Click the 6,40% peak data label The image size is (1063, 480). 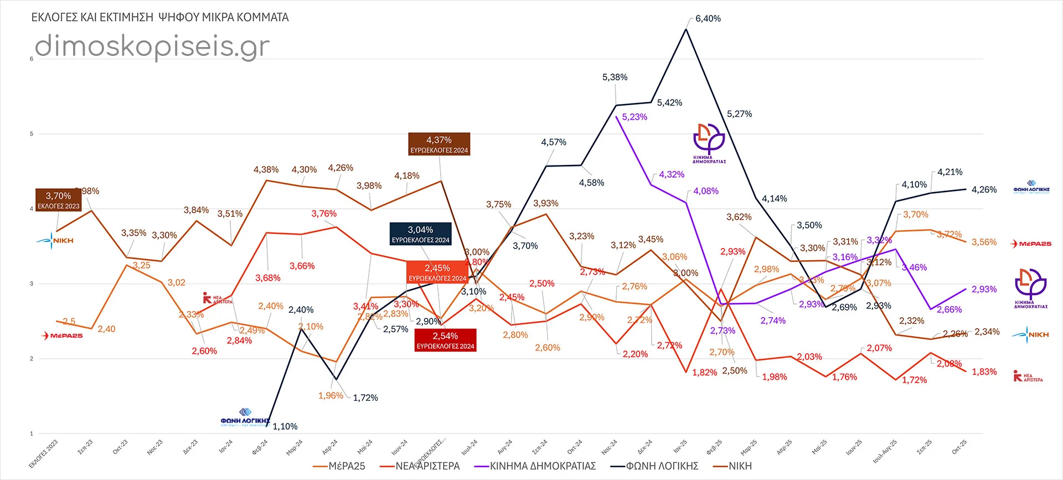(708, 19)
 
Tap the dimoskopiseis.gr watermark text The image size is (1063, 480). (152, 46)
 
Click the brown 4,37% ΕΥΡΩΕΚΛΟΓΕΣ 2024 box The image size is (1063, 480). (439, 144)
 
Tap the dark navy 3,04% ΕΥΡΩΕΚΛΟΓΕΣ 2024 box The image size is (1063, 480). (421, 234)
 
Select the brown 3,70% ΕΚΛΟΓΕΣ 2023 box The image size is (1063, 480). (59, 200)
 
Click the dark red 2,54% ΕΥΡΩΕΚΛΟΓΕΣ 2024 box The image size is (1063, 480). (445, 340)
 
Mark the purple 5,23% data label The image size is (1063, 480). (634, 117)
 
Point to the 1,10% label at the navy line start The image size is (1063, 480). (285, 426)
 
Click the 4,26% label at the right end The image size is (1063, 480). (984, 189)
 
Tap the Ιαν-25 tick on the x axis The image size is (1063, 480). (680, 446)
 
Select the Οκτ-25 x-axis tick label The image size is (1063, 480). (959, 447)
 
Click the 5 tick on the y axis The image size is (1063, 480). (32, 134)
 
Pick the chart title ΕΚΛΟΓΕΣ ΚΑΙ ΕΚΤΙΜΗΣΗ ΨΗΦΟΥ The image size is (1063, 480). (160, 17)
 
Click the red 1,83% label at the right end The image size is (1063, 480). (984, 371)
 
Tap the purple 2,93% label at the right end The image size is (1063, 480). (984, 289)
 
